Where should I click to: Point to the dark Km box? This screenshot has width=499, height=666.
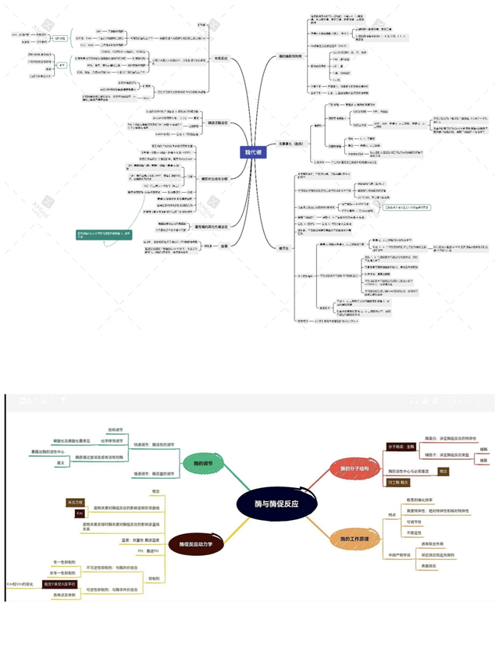tap(79, 513)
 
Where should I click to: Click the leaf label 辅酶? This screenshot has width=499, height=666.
tap(485, 449)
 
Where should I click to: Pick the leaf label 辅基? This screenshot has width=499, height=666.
tap(485, 461)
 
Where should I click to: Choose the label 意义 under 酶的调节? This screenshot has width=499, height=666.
tap(60, 462)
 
